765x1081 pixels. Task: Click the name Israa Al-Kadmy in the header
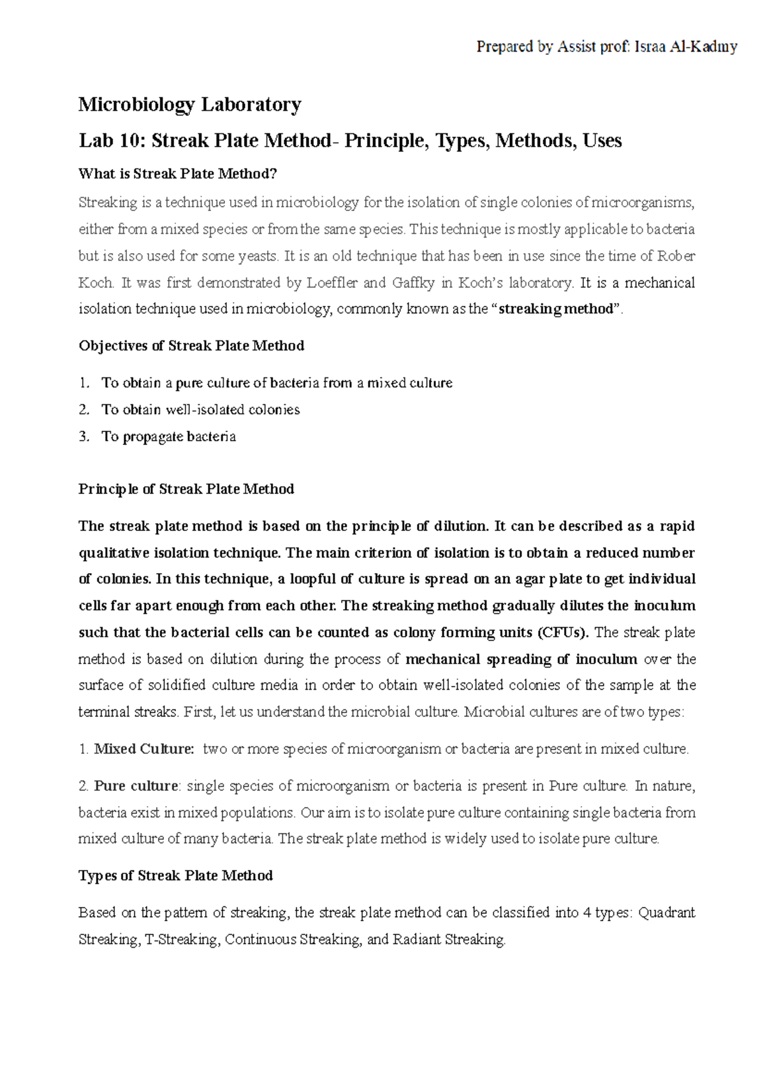point(685,47)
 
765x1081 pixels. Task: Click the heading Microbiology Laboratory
point(189,105)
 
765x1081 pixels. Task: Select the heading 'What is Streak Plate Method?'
point(178,173)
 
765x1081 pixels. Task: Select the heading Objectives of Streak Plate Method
point(191,345)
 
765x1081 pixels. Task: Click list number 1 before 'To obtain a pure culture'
point(84,383)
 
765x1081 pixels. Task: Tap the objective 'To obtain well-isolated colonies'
point(200,410)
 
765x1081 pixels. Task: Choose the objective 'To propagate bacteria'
point(168,437)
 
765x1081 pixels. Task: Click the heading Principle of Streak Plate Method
point(186,489)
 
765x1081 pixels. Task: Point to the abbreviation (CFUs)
point(563,632)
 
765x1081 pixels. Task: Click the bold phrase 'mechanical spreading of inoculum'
point(521,659)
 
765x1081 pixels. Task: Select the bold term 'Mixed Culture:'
point(144,749)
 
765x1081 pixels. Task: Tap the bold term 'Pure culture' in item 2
point(136,786)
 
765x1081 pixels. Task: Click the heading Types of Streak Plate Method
point(175,876)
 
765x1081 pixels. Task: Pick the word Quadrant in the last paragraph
point(666,913)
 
